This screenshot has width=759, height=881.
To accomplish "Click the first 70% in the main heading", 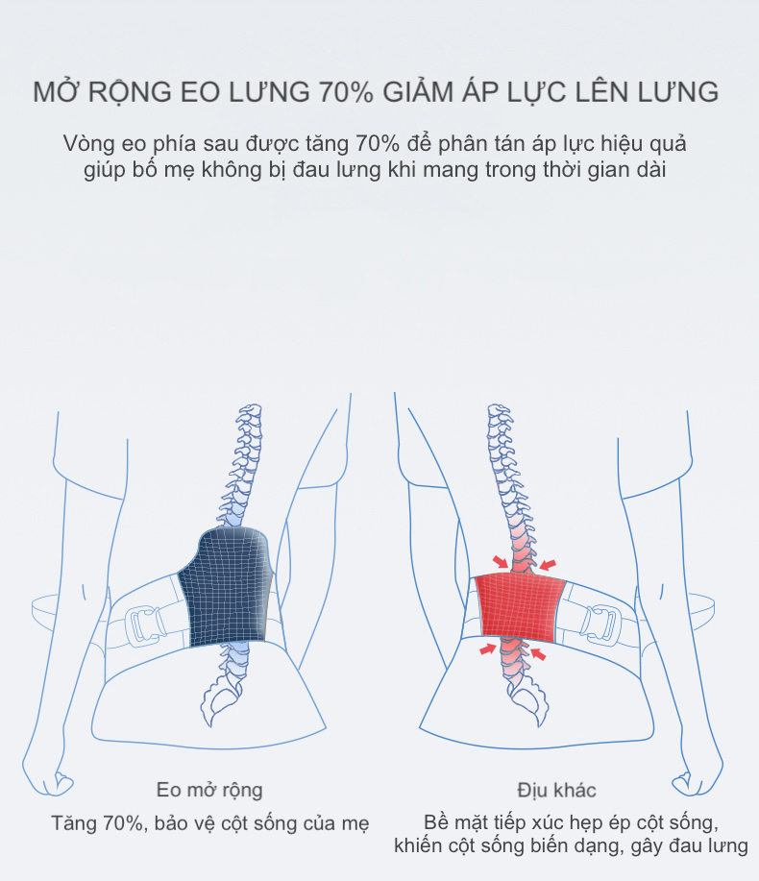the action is tap(346, 92).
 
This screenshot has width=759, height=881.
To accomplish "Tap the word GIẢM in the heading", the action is tap(418, 91).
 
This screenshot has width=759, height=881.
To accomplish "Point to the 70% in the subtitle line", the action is tap(377, 143).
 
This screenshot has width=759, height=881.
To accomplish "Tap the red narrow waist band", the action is tap(520, 607).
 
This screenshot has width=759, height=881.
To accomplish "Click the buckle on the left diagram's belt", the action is tap(147, 624).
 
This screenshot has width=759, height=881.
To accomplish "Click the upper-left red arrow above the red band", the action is tap(500, 562).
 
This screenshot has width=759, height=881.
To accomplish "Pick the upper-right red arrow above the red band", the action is tap(548, 564).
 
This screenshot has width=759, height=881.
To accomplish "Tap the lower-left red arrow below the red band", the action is tap(488, 649).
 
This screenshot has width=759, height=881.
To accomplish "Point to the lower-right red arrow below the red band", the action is tap(538, 653).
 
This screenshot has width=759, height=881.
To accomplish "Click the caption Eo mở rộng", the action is tap(209, 790).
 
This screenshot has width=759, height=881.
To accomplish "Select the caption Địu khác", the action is tap(556, 790).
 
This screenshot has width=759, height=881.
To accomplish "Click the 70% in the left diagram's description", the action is tap(122, 823).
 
